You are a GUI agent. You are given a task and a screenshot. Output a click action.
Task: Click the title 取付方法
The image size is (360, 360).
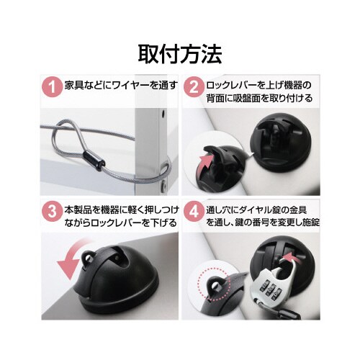pyautogui.click(x=179, y=53)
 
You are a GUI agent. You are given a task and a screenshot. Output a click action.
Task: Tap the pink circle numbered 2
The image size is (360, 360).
pyautogui.click(x=193, y=88)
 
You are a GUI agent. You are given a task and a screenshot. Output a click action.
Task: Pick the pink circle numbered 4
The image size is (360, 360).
pyautogui.click(x=193, y=213)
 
